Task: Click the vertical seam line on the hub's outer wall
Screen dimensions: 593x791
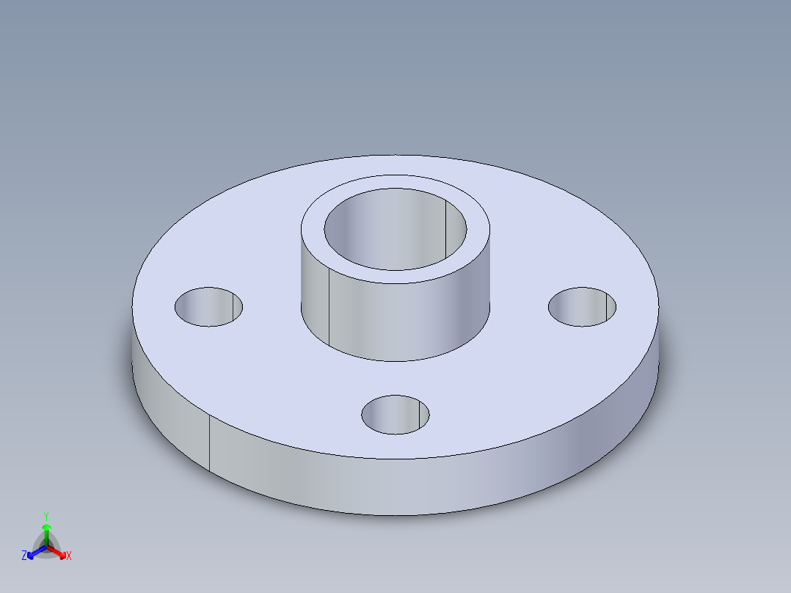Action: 329,308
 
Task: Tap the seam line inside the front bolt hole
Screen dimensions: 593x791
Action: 418,415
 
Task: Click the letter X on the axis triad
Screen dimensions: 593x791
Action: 69,556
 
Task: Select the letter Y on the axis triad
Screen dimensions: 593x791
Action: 45,516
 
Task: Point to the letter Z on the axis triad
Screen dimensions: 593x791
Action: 24,556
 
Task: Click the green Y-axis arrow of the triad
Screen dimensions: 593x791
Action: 46,533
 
